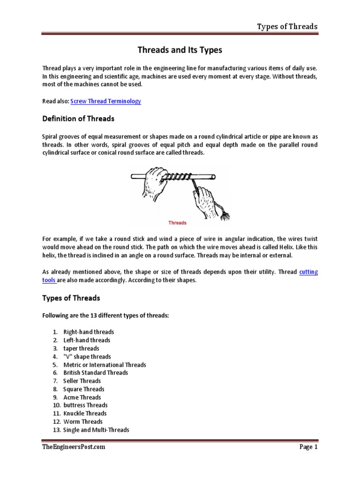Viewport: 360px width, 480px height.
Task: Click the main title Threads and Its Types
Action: coord(180,50)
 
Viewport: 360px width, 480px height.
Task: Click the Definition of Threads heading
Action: coord(78,119)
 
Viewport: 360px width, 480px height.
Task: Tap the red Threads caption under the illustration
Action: coord(178,223)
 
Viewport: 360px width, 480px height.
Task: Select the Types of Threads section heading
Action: coord(71,298)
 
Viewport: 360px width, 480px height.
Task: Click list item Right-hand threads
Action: coord(89,332)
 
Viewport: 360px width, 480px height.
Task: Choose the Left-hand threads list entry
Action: coord(87,340)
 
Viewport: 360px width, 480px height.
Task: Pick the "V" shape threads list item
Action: coord(87,357)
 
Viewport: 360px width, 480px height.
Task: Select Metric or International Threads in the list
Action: coord(105,365)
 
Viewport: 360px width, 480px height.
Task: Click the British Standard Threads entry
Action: coord(96,373)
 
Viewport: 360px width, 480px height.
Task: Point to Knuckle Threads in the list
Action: coord(85,413)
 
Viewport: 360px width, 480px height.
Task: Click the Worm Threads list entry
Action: coord(82,421)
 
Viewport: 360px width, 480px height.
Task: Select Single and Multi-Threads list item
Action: coord(96,430)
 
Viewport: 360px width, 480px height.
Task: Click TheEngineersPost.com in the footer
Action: coord(74,447)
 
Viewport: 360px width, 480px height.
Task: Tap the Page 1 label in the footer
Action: coord(308,447)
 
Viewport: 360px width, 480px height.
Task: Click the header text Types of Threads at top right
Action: coord(287,26)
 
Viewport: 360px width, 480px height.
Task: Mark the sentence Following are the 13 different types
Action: coord(105,316)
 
